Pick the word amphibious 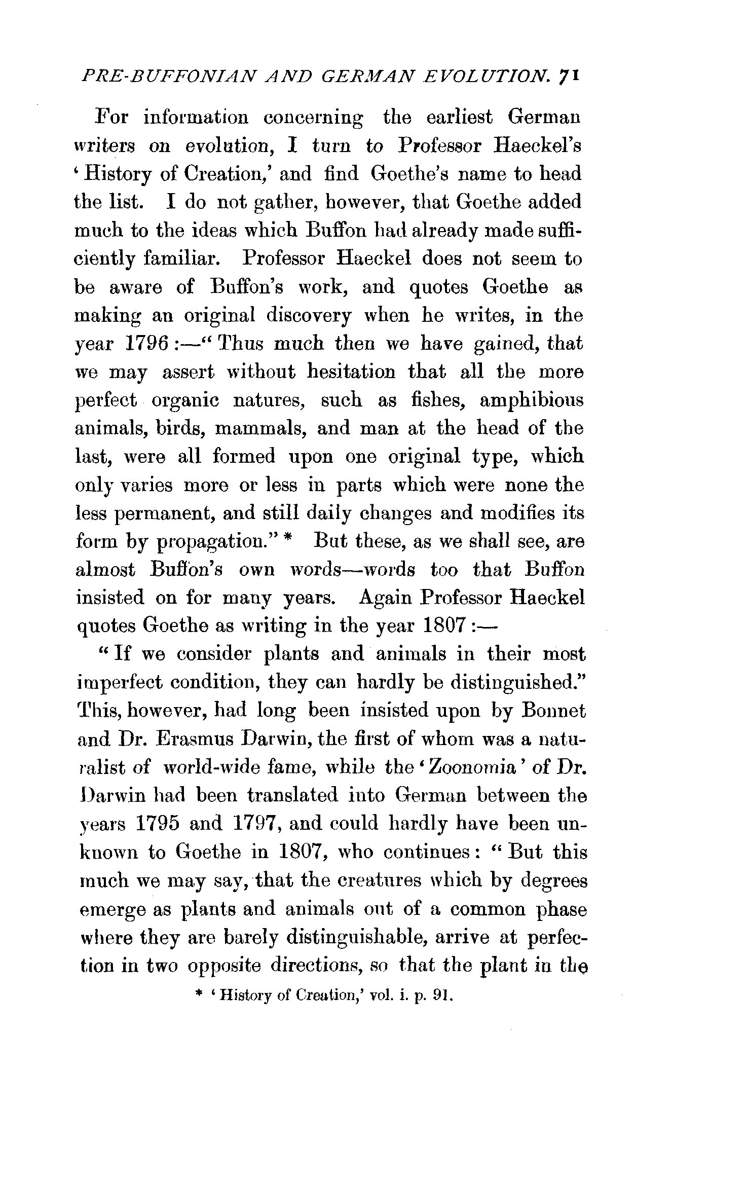531,400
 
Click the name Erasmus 190,740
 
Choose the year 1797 256,824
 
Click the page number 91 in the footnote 440,995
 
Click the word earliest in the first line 459,118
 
